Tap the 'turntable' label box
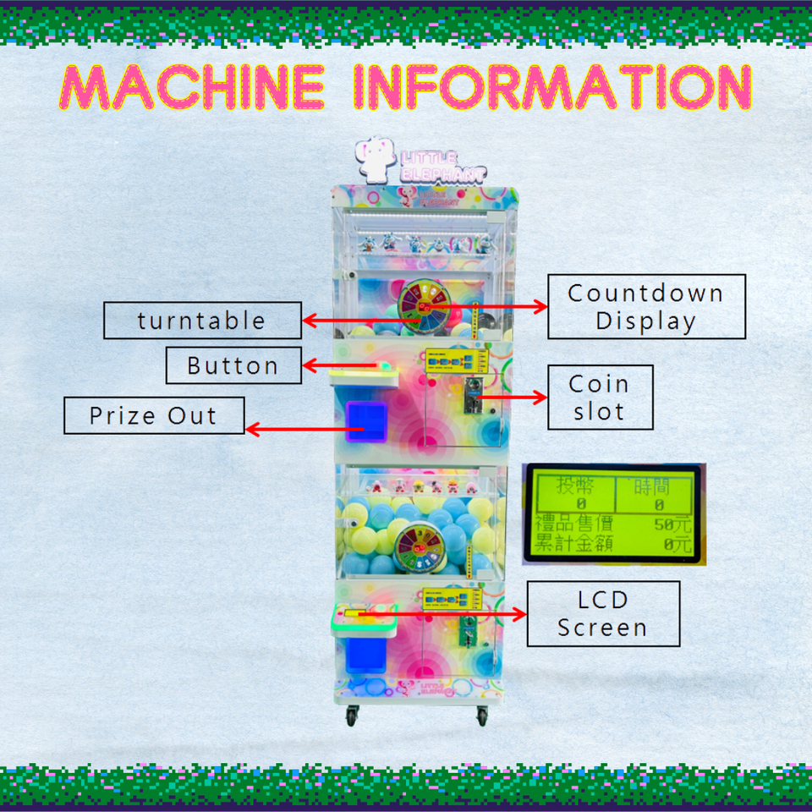pyautogui.click(x=202, y=321)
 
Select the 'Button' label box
pyautogui.click(x=233, y=365)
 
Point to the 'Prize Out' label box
pyautogui.click(x=154, y=416)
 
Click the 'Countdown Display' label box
pyautogui.click(x=646, y=306)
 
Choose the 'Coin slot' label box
pyautogui.click(x=600, y=398)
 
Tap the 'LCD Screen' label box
pyautogui.click(x=603, y=613)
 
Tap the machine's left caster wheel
pyautogui.click(x=351, y=716)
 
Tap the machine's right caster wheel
pyautogui.click(x=482, y=716)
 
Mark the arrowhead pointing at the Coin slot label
pyautogui.click(x=542, y=398)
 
